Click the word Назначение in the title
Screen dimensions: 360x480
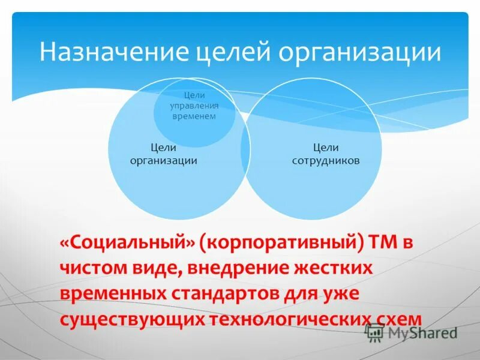(115, 52)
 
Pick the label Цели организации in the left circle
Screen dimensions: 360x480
(163, 154)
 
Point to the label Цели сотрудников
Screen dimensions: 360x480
(326, 154)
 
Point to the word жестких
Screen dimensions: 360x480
(332, 268)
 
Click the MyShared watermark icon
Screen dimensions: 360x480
(374, 332)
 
